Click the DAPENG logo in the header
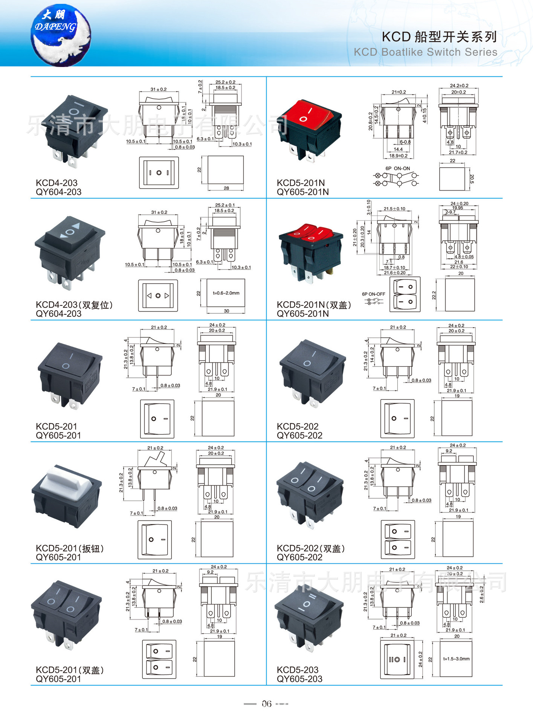[x=60, y=35]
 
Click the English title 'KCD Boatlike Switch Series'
[x=425, y=52]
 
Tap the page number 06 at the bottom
[x=266, y=703]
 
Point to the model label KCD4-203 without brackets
[x=57, y=183]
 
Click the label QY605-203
[x=299, y=679]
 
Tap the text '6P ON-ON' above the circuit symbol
[x=397, y=168]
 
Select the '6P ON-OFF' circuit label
[x=373, y=294]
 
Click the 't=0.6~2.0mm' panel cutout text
[x=226, y=293]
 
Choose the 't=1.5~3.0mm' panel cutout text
[x=456, y=659]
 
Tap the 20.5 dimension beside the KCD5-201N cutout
[x=472, y=179]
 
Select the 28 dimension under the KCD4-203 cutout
[x=226, y=188]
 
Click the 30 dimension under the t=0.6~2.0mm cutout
[x=226, y=311]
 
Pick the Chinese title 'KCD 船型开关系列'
[x=439, y=37]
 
